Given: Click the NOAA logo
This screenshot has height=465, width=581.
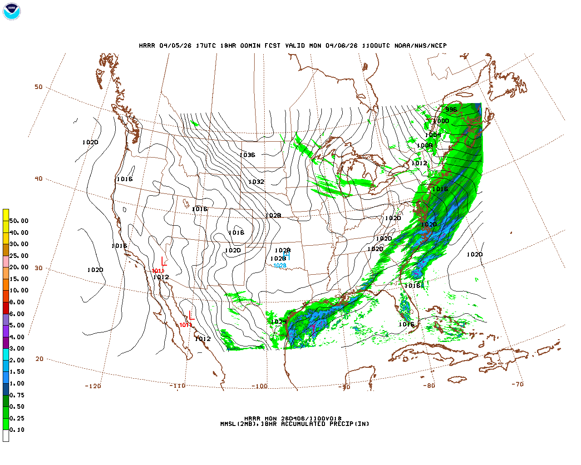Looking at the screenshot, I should (x=12, y=11).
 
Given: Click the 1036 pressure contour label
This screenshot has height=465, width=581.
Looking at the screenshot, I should (x=247, y=155).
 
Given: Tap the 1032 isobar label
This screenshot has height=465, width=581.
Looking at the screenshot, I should (x=256, y=182).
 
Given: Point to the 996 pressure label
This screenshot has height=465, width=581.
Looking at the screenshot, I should (x=451, y=109).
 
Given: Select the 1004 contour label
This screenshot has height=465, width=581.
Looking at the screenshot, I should (x=433, y=135).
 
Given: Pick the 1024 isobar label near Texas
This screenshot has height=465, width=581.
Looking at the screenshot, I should (x=279, y=322).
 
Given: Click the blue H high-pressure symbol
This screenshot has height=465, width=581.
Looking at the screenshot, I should (x=286, y=256).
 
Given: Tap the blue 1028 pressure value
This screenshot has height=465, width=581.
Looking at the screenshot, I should (x=280, y=266).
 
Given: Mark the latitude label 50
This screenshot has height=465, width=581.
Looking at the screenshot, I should (x=39, y=87).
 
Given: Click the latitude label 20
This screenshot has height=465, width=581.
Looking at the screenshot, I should (x=39, y=359).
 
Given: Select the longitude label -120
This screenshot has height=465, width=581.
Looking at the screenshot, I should (x=93, y=386).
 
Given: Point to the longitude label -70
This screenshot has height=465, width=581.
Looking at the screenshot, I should (x=517, y=384).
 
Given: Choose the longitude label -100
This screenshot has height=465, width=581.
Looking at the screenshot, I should (x=260, y=386).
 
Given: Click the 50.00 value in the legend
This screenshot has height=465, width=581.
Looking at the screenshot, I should (x=19, y=221).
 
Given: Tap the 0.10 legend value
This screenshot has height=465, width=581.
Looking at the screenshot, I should (x=17, y=430).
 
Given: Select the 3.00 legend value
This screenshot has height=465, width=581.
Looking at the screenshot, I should (x=17, y=349).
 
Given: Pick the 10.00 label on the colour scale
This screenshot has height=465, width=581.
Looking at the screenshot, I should (x=19, y=291).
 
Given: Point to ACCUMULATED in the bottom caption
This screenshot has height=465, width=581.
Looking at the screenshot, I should (x=303, y=424).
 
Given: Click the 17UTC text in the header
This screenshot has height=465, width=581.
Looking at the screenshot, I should (x=206, y=45).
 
